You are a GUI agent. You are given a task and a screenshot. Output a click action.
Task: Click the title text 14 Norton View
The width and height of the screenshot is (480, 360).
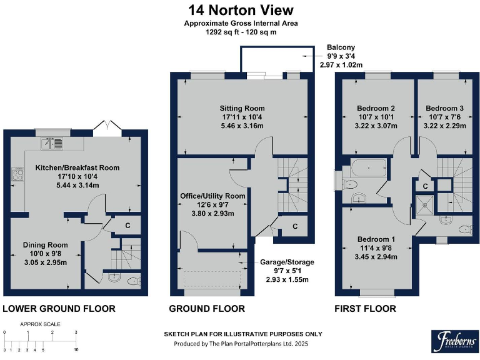click(x=241, y=10)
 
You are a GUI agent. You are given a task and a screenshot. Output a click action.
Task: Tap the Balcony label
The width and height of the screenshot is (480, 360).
click(x=341, y=47)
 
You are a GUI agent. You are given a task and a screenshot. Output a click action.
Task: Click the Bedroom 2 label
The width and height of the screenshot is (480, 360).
click(x=376, y=107)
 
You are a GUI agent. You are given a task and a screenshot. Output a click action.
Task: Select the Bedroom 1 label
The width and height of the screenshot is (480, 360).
click(x=376, y=239)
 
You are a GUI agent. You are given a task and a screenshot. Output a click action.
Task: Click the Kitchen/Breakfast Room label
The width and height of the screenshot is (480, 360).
click(x=77, y=167)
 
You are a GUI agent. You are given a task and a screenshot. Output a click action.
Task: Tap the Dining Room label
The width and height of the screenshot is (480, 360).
click(x=45, y=244)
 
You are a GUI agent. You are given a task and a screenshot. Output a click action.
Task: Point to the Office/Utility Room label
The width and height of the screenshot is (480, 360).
click(x=212, y=196)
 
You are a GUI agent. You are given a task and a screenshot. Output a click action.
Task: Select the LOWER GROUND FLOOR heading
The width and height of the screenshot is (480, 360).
click(x=59, y=308)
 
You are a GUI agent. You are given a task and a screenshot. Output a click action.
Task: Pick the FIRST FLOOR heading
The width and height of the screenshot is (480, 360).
click(x=366, y=308)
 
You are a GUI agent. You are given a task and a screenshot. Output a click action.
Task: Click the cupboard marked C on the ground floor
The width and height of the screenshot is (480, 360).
click(x=294, y=226)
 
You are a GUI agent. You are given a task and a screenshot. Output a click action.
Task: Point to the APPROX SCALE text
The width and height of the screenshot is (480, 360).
click(x=40, y=324)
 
